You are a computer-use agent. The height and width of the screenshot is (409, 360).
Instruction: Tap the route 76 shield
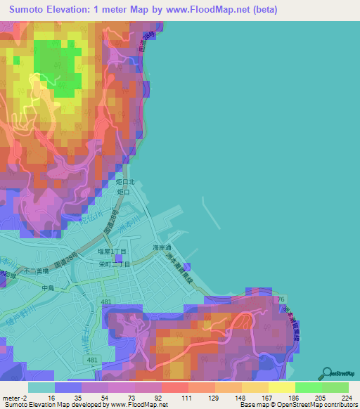point(282,299)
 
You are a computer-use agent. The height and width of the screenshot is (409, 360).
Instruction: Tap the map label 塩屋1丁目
point(112,251)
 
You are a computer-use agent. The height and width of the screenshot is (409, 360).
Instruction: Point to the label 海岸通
point(162,248)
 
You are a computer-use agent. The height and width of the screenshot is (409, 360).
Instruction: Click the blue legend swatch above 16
point(67,387)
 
